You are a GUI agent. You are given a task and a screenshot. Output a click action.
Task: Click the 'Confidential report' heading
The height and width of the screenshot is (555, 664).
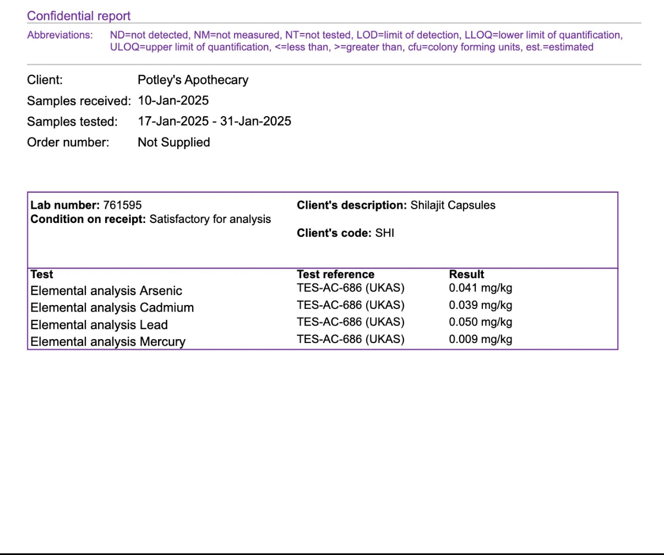click(79, 16)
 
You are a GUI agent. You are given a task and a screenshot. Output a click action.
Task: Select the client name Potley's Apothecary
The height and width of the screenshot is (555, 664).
click(193, 80)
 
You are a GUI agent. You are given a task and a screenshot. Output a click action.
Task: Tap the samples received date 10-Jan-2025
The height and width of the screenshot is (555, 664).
click(173, 101)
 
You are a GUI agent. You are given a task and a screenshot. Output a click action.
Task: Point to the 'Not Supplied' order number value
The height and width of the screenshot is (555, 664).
click(173, 142)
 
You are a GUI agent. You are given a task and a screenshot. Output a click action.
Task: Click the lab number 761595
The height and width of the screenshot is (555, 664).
click(122, 205)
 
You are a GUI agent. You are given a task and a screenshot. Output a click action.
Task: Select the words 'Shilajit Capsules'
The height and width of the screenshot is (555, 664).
click(453, 205)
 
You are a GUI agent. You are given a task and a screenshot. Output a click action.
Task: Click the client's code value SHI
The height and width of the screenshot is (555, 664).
click(384, 233)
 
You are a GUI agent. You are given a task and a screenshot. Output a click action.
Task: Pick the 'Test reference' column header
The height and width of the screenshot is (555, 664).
click(335, 274)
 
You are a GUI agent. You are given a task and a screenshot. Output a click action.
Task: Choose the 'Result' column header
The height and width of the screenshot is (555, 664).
click(466, 274)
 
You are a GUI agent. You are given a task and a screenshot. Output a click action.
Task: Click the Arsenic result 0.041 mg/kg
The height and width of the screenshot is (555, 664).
click(480, 288)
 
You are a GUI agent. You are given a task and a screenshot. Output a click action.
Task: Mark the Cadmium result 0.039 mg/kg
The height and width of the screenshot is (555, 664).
click(480, 305)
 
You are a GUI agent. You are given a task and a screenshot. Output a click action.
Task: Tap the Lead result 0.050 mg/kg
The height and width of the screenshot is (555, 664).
click(480, 322)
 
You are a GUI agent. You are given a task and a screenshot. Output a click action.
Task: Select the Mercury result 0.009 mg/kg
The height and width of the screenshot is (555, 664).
click(480, 339)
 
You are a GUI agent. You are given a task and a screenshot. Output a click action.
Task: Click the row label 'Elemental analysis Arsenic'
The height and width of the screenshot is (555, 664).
click(106, 291)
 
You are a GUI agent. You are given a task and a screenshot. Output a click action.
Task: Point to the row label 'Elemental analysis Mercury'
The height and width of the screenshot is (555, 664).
click(108, 342)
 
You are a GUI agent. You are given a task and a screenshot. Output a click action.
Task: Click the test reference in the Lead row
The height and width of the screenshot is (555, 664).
click(350, 322)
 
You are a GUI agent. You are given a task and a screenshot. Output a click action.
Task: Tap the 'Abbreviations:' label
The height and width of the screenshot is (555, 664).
click(60, 35)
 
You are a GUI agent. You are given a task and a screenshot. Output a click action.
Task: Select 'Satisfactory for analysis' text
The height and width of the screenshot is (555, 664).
click(210, 219)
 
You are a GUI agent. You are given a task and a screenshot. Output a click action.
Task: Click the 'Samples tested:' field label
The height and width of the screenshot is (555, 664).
click(72, 122)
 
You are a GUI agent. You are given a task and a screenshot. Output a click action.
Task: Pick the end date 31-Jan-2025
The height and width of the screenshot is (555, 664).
click(255, 121)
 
